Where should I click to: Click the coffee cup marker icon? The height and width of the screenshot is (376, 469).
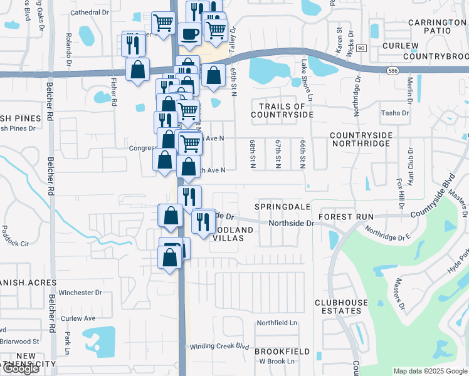tap(189, 34)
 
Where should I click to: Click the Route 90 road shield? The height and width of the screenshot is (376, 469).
tap(361, 48)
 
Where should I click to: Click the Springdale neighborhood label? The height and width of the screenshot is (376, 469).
tap(283, 206)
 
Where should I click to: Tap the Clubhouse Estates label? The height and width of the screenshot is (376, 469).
tap(341, 306)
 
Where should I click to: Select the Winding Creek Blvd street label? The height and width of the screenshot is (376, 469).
tap(219, 347)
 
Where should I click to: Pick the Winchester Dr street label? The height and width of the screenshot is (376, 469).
tap(80, 293)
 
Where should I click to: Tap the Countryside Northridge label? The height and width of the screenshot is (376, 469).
tap(360, 139)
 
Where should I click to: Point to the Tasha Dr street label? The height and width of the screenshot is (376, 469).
tap(395, 113)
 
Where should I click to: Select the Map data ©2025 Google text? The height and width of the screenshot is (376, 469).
tap(430, 371)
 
